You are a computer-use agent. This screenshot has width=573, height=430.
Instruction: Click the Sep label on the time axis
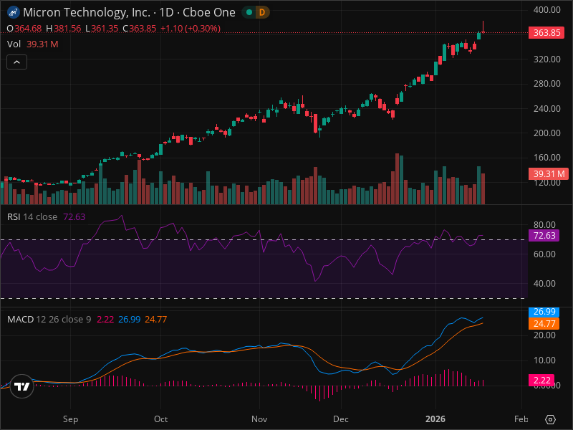pos(70,419)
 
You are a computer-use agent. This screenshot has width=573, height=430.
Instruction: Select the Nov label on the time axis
pos(260,419)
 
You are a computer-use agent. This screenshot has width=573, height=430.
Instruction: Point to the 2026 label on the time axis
pos(435,419)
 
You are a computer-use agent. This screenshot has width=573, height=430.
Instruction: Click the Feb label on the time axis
pos(521,419)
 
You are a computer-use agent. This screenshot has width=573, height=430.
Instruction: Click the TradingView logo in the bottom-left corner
pos(22,386)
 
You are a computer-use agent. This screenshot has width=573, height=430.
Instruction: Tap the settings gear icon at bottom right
pos(551,419)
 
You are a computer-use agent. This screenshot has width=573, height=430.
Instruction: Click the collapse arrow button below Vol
pos(16,62)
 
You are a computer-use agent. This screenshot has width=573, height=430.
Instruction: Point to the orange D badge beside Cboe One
pos(261,12)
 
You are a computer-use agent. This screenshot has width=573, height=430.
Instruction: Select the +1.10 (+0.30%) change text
pos(190,29)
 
